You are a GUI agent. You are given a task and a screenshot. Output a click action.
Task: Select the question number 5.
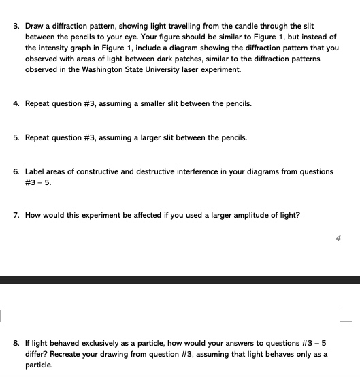(x=16, y=138)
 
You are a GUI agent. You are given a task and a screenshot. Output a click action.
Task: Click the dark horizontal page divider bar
(x=180, y=280)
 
